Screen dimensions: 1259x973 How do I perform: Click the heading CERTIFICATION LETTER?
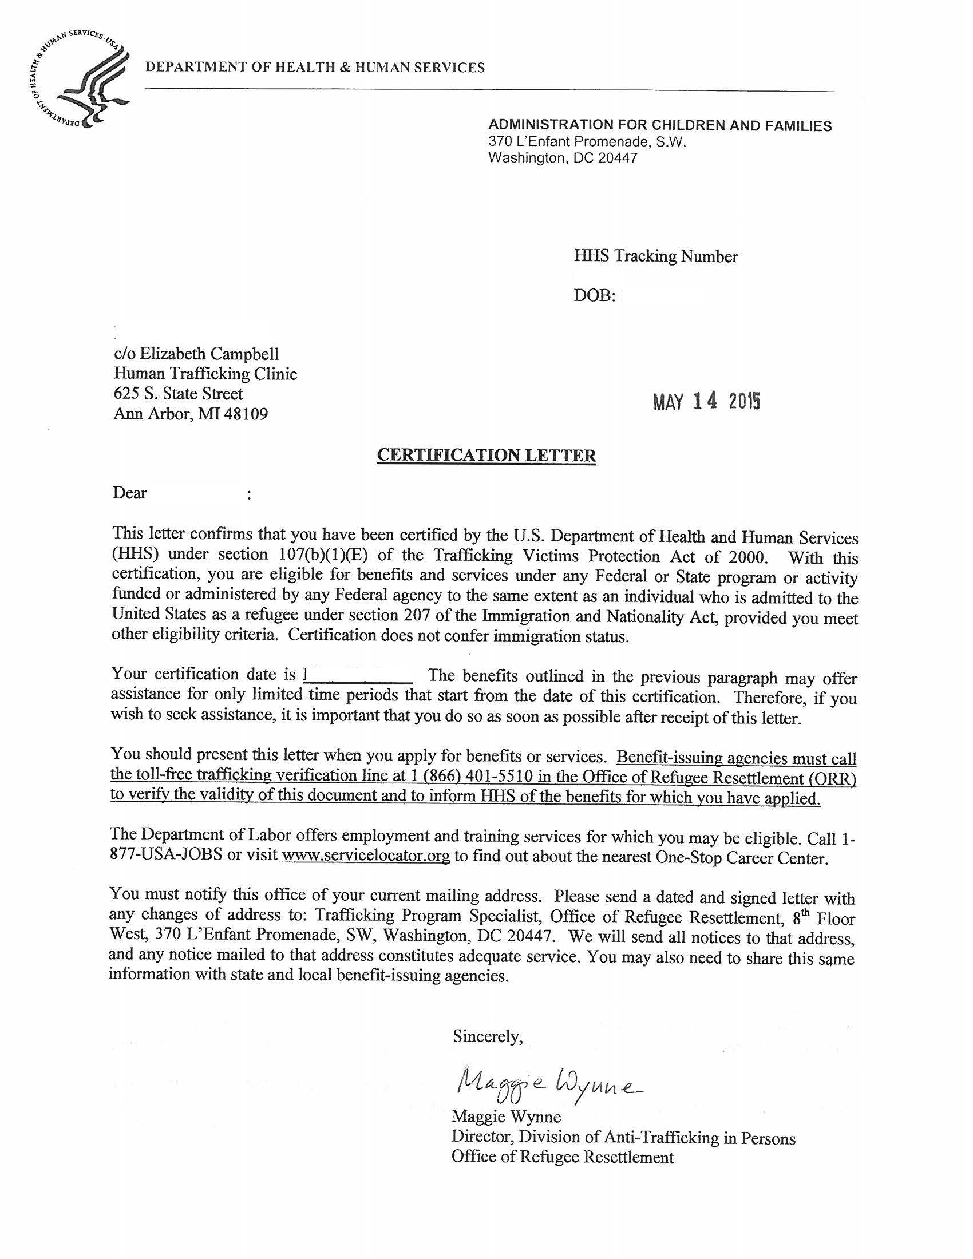coord(486,456)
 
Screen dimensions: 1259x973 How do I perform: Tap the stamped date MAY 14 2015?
coord(707,401)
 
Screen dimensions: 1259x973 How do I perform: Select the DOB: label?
coord(594,296)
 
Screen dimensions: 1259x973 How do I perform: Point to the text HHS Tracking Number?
coord(655,256)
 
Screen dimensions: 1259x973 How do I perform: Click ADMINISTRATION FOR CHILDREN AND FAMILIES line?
coord(660,126)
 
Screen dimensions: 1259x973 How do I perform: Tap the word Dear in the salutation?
coord(130,493)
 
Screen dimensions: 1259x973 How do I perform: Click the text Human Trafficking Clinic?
coord(205,374)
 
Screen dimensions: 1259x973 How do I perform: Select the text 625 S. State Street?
coord(178,394)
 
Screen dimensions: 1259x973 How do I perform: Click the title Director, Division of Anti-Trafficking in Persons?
coord(623,1137)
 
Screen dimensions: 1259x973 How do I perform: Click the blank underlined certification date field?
coord(358,676)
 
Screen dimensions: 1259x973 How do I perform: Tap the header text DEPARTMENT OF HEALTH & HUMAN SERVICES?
coord(315,68)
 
